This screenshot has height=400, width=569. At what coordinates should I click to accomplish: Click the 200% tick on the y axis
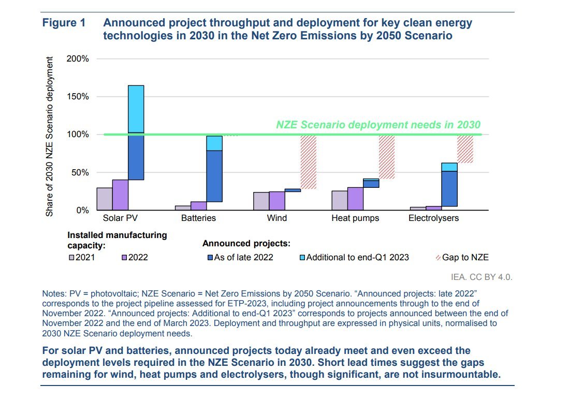[x=78, y=59]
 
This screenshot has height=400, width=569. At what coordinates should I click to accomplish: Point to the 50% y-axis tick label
[x=80, y=172]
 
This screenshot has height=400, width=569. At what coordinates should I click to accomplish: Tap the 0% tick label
[x=82, y=211]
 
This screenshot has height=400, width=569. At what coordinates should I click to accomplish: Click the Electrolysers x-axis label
[x=433, y=218]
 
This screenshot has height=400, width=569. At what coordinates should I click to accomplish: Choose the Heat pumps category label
[x=355, y=218]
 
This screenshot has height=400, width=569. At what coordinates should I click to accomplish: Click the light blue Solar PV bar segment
[x=136, y=109]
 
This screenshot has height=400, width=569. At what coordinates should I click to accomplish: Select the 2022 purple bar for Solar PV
[x=120, y=195]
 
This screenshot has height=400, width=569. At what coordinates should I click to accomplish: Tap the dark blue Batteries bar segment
[x=214, y=176]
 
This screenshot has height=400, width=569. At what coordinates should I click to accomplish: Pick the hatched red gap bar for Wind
[x=308, y=161]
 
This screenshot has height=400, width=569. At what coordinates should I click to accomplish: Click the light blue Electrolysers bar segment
[x=449, y=167]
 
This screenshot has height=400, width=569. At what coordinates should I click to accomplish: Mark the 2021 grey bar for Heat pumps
[x=339, y=200]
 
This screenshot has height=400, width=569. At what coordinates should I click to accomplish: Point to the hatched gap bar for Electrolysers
[x=464, y=149]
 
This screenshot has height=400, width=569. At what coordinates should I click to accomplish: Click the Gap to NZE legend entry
[x=461, y=257]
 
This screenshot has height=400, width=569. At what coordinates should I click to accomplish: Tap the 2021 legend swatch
[x=71, y=257]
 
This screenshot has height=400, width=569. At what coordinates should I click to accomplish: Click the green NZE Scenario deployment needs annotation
[x=378, y=125]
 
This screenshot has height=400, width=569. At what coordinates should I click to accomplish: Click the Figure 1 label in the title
[x=63, y=23]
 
